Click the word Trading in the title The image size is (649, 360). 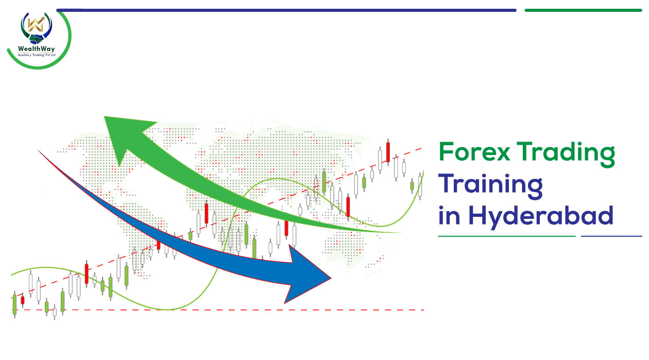[566, 154]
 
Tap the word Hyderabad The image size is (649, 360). [541, 217]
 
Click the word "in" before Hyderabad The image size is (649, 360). [449, 215]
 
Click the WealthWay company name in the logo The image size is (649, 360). [36, 49]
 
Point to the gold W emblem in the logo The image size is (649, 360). [36, 24]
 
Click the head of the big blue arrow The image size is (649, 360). [307, 275]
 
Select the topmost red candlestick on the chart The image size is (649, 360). [388, 152]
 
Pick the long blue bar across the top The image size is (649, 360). [286, 10]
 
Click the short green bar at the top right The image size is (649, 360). [583, 10]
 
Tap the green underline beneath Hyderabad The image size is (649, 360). [507, 236]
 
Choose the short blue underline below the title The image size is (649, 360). [611, 236]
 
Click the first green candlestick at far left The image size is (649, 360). [15, 305]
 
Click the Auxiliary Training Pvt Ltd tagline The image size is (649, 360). [37, 55]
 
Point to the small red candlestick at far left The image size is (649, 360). [23, 300]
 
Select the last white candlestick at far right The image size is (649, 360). [420, 186]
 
